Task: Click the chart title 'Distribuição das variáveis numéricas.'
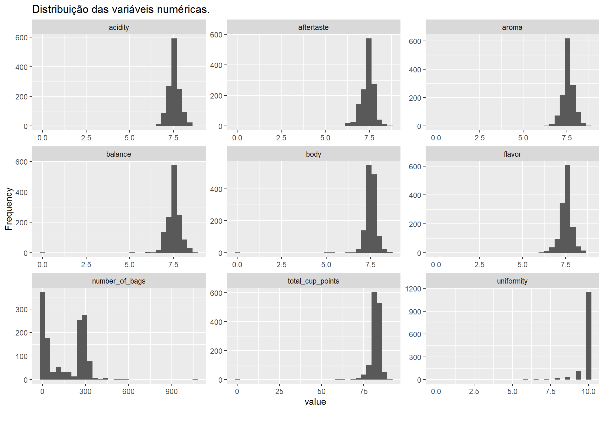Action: tap(121, 9)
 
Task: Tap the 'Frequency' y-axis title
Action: tap(9, 209)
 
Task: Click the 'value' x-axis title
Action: tap(315, 402)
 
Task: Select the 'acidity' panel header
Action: tap(119, 27)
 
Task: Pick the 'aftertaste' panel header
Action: tap(313, 27)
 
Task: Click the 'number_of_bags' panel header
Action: tap(119, 281)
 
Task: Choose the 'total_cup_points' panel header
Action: tap(313, 281)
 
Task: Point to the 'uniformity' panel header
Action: tap(512, 281)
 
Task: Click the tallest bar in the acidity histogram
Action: tap(174, 82)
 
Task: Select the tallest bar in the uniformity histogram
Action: tap(589, 336)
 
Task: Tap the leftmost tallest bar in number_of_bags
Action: tap(42, 336)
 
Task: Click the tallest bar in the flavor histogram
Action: tap(568, 209)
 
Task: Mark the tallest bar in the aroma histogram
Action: tap(568, 82)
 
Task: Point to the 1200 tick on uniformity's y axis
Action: tap(415, 289)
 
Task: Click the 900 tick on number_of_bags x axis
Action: tap(172, 392)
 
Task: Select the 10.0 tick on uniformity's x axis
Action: tap(589, 392)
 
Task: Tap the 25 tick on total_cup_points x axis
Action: tap(279, 392)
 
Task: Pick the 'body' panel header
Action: tap(313, 154)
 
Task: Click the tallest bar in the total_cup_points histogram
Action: tap(374, 336)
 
